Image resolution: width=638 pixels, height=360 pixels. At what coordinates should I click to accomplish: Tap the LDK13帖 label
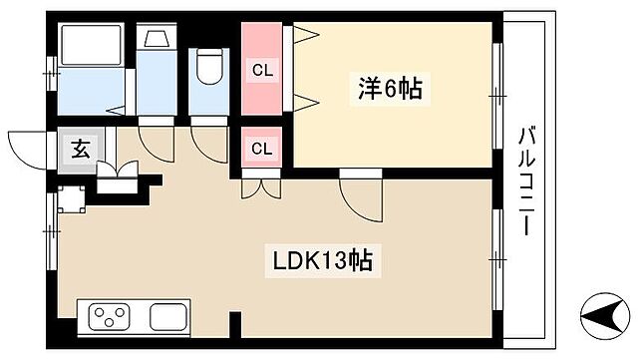point(324,261)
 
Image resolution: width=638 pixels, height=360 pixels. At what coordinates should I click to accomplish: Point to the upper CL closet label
point(261,70)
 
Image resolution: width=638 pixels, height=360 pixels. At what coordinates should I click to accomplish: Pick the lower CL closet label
point(261,149)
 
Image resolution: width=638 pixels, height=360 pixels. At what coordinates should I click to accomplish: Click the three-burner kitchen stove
point(113,318)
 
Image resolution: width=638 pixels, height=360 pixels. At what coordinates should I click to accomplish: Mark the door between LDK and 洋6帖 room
point(361,194)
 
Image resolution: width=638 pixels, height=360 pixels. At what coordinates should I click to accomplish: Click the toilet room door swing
point(209,141)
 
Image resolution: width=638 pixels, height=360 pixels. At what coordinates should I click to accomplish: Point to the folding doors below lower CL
point(261,186)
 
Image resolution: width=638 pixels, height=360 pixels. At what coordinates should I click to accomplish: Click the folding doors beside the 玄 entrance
point(118,176)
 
